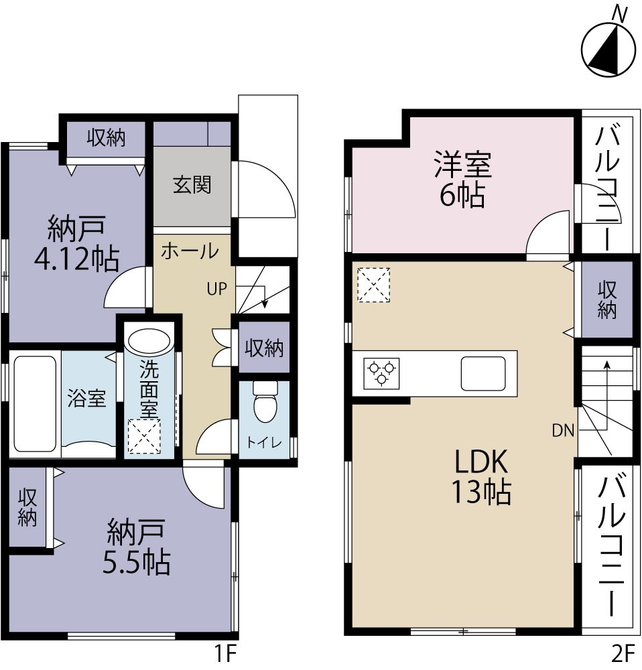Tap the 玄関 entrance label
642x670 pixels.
pyautogui.click(x=192, y=184)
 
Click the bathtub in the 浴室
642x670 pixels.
pyautogui.click(x=34, y=403)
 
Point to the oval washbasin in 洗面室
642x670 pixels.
pyautogui.click(x=149, y=343)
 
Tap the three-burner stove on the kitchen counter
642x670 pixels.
pyautogui.click(x=381, y=373)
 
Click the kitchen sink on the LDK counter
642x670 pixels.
pyautogui.click(x=483, y=373)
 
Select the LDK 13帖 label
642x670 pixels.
pyautogui.click(x=483, y=476)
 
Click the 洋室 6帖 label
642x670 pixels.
pyautogui.click(x=462, y=180)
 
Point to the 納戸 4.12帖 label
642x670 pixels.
pyautogui.click(x=76, y=243)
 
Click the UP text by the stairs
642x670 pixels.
pyautogui.click(x=216, y=289)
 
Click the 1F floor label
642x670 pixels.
pyautogui.click(x=224, y=653)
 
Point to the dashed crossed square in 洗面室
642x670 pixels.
pyautogui.click(x=144, y=437)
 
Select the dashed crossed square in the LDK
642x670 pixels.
pyautogui.click(x=373, y=283)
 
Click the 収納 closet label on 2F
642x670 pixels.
pyautogui.click(x=607, y=299)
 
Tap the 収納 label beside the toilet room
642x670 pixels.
pyautogui.click(x=264, y=348)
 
